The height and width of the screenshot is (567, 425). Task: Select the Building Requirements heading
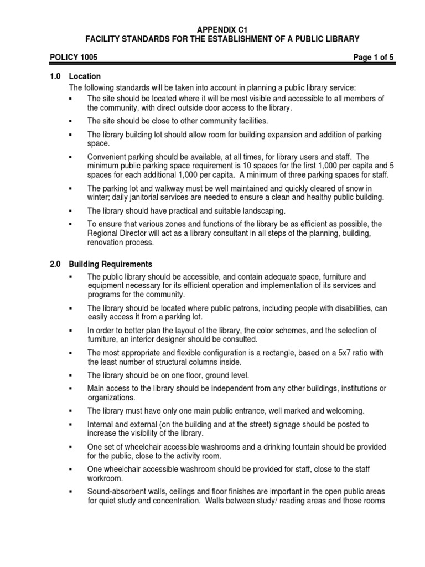pos(111,264)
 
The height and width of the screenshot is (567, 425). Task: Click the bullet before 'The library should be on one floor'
pos(71,375)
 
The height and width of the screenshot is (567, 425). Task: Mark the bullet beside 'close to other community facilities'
pos(71,121)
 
